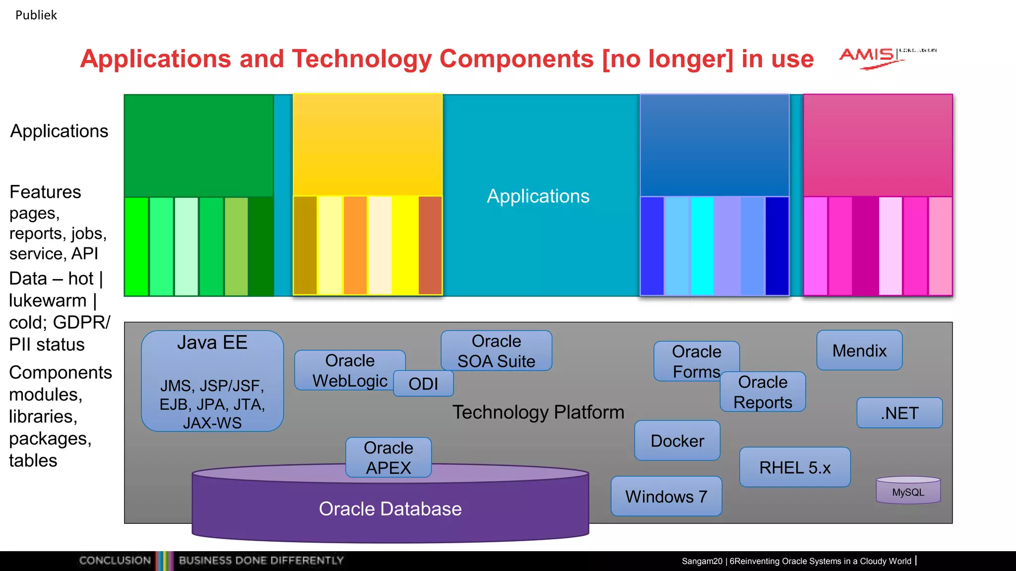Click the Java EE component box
coord(212,381)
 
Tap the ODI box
coord(423,384)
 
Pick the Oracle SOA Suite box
coord(496,350)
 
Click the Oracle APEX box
coord(388,457)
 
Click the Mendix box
coord(859,350)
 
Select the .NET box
coord(899,413)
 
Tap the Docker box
coord(677,441)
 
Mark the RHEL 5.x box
coord(795,467)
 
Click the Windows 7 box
coord(666,496)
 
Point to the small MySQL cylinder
coord(908,491)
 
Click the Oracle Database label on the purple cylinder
coord(390,509)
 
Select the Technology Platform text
coord(538,412)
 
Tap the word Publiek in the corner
coord(36,15)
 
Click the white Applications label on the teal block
coord(538,196)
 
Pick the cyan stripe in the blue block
coord(702,246)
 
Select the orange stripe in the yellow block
coord(355,246)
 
